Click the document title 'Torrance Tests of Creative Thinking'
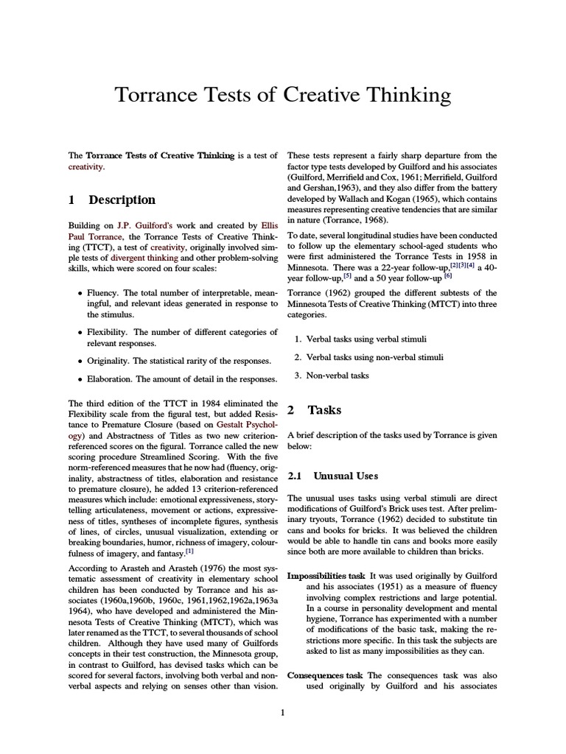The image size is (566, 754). point(282,96)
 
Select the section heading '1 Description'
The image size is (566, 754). point(111,200)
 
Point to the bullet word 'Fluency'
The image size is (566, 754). point(102,293)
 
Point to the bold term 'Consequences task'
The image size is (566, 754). point(325,675)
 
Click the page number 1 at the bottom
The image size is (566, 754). point(282,712)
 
